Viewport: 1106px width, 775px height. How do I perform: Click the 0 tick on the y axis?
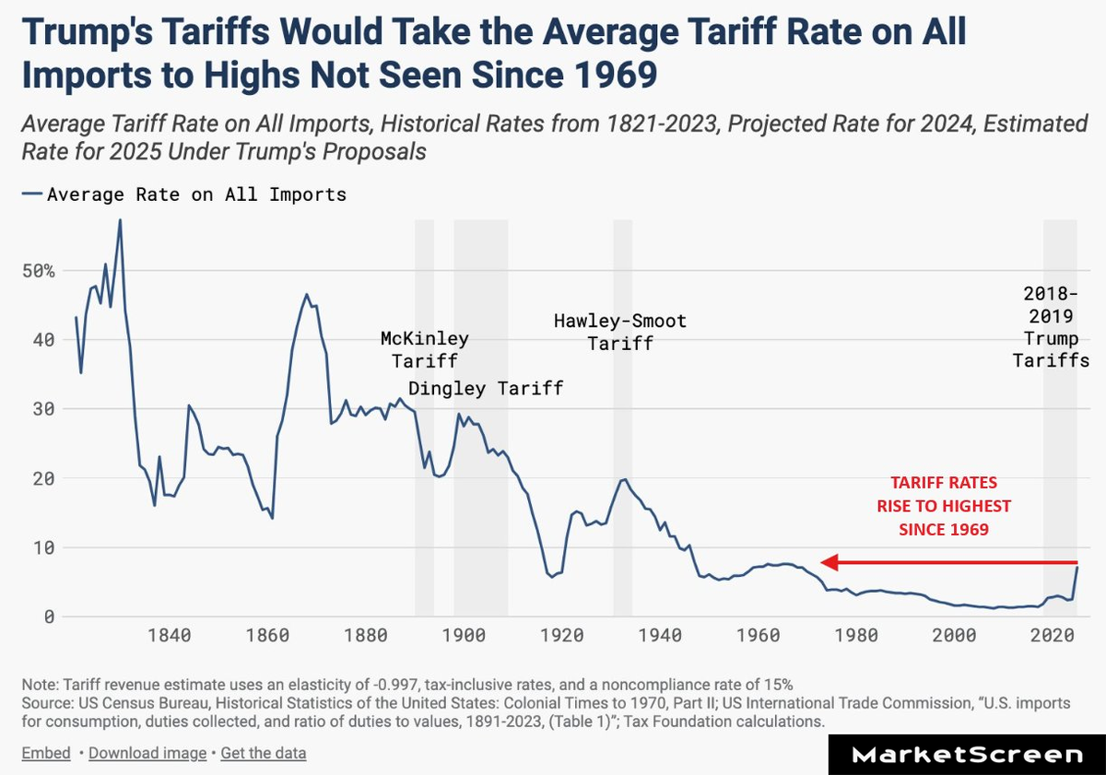[48, 616]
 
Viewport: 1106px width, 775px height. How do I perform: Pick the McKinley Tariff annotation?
[424, 349]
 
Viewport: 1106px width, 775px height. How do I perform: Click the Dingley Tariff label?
[485, 388]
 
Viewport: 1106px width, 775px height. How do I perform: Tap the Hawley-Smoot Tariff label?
[619, 332]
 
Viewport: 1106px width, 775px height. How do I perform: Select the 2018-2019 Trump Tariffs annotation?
[1051, 327]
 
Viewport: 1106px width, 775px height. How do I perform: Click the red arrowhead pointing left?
[829, 562]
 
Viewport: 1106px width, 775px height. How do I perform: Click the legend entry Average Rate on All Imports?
[184, 194]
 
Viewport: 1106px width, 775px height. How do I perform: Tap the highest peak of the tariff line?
[120, 220]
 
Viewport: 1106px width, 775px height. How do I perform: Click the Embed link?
[46, 753]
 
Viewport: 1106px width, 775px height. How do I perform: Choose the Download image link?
[147, 753]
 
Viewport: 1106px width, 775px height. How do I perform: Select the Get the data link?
[263, 753]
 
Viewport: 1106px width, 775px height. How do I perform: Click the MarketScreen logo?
[967, 755]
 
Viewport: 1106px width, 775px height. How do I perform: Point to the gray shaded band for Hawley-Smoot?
[623, 415]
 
